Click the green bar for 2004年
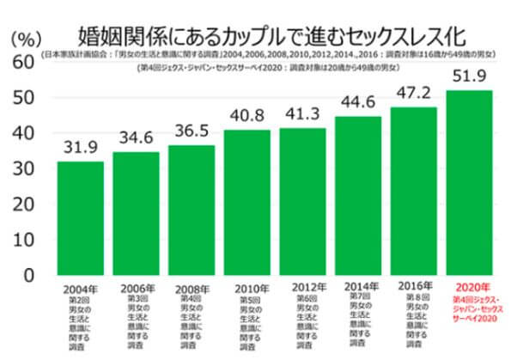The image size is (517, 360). [81, 218]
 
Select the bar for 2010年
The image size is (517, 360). [247, 203]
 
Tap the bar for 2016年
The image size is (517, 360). [414, 191]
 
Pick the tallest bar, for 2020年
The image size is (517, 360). [469, 182]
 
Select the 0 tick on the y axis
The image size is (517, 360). [29, 275]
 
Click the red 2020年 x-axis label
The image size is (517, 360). [469, 287]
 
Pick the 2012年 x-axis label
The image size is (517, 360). [303, 287]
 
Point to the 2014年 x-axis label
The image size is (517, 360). [359, 286]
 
